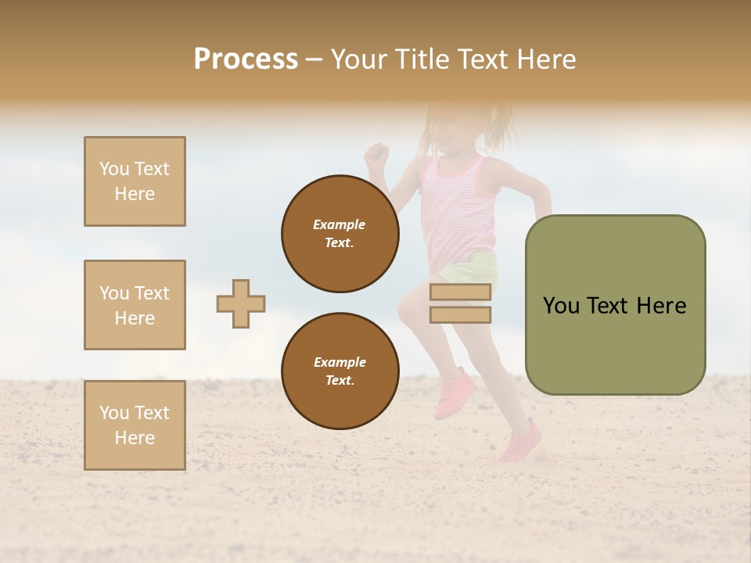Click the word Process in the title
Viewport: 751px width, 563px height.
246,59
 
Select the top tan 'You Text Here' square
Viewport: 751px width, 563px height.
135,181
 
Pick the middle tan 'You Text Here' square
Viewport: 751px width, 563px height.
135,305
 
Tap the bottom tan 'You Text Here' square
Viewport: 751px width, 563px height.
135,425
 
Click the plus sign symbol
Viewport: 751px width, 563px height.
241,303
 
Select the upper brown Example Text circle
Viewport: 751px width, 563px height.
340,234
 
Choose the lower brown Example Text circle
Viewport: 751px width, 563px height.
340,371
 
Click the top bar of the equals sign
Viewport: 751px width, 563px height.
460,292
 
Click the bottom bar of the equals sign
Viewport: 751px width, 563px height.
460,314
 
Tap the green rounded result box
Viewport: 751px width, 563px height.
615,305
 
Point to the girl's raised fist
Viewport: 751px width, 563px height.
377,152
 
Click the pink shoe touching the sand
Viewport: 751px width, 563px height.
520,443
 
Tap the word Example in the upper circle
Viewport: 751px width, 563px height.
340,224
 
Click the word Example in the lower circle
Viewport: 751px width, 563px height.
340,362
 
